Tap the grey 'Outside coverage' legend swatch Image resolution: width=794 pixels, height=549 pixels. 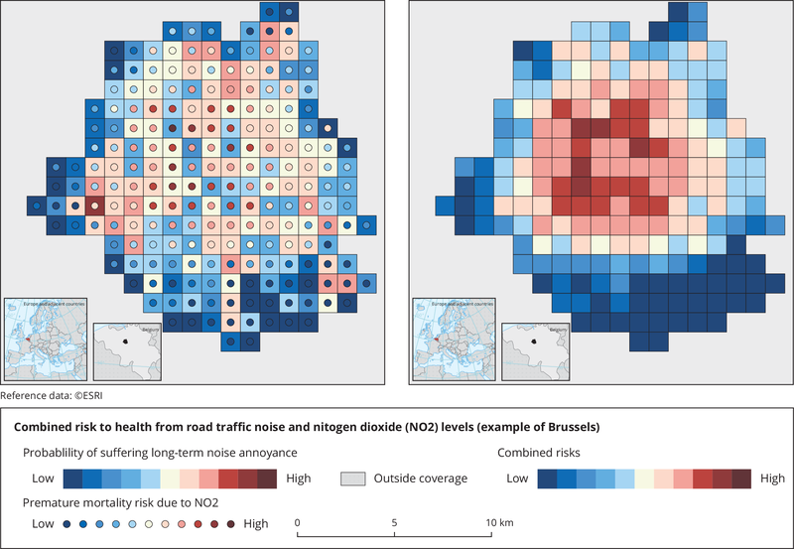point(354,479)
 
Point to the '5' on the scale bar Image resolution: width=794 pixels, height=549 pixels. point(394,523)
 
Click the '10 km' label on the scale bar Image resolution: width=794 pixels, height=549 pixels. point(489,523)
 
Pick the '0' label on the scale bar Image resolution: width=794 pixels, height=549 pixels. point(298,523)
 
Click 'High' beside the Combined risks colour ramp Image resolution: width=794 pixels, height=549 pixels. point(773,479)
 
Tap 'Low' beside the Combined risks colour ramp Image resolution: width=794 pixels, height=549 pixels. point(518,479)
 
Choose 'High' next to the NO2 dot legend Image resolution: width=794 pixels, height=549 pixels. point(255,523)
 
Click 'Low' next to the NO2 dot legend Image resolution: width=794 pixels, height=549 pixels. point(44,523)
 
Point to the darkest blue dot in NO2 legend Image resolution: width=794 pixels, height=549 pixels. point(67,523)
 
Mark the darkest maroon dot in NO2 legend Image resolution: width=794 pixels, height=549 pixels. point(231,523)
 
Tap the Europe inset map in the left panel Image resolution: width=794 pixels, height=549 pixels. point(46,338)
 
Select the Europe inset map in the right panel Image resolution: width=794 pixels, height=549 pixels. point(453,338)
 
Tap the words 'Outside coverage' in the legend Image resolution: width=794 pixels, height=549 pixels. point(422,479)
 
